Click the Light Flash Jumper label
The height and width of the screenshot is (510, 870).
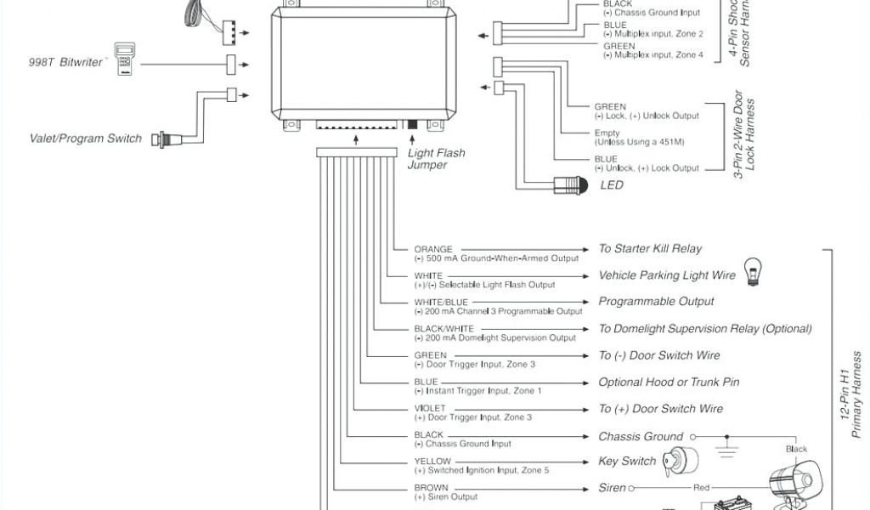click(436, 159)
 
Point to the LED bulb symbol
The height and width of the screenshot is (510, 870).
click(570, 184)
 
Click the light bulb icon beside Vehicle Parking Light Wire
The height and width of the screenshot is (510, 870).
click(752, 270)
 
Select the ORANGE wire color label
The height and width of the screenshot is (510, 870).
click(433, 249)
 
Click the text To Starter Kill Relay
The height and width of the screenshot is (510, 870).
click(650, 249)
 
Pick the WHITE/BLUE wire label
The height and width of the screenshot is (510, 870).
click(441, 303)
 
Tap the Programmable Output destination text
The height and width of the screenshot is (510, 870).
click(656, 302)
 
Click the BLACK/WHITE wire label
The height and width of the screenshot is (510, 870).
click(443, 329)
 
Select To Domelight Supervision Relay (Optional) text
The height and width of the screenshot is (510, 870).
click(705, 329)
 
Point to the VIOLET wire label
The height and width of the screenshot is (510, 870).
click(430, 409)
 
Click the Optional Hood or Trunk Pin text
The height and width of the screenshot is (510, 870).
click(669, 382)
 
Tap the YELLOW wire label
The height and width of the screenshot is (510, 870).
click(432, 462)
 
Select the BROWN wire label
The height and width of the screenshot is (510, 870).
click(431, 489)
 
